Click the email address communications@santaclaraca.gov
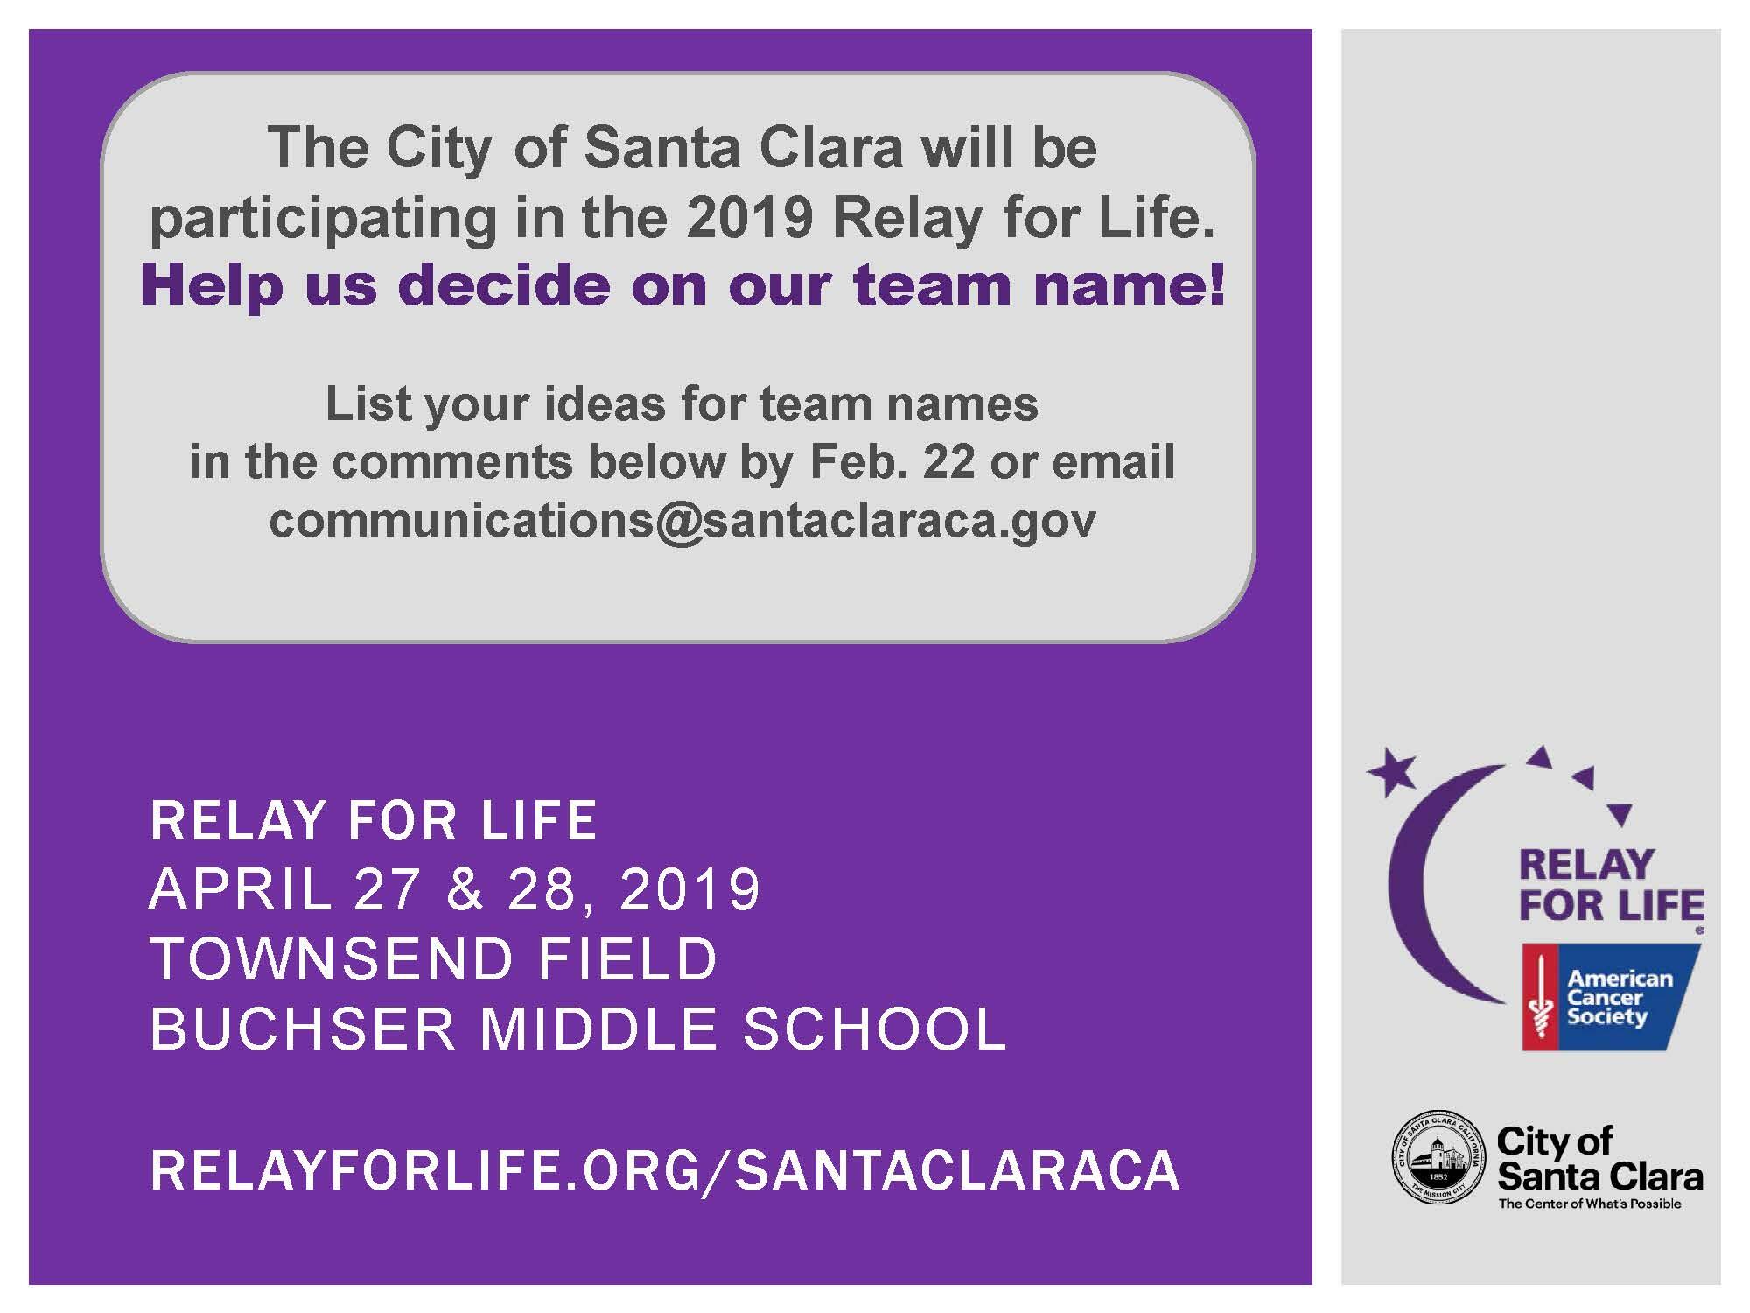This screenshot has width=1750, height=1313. pyautogui.click(x=682, y=521)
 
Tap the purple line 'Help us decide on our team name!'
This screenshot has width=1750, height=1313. pyautogui.click(x=682, y=285)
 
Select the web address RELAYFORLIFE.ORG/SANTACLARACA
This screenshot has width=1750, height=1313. pyautogui.click(x=665, y=1170)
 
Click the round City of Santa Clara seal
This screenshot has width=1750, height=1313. pyautogui.click(x=1438, y=1162)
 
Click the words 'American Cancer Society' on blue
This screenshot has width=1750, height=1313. pyautogui.click(x=1619, y=997)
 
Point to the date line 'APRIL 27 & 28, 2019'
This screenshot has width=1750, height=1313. pyautogui.click(x=455, y=890)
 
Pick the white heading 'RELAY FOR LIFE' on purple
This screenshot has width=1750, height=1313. pyautogui.click(x=374, y=820)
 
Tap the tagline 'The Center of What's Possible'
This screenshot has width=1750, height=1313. pyautogui.click(x=1590, y=1204)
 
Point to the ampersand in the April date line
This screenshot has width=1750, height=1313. pyautogui.click(x=464, y=890)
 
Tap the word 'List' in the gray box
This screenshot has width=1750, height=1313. pyautogui.click(x=360, y=404)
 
